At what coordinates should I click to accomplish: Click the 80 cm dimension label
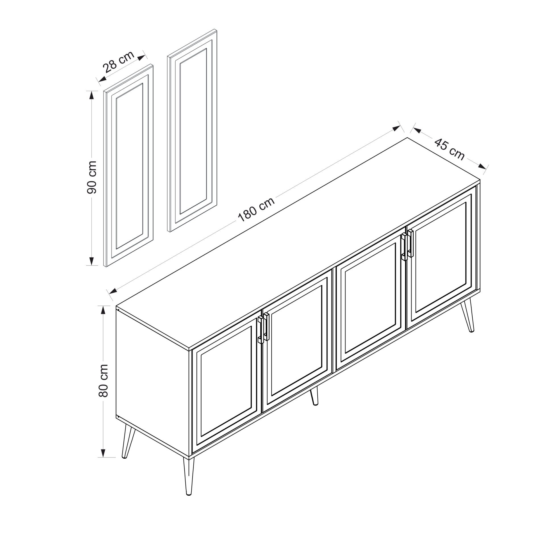pos(103,380)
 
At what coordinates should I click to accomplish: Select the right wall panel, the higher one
pos(193,131)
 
